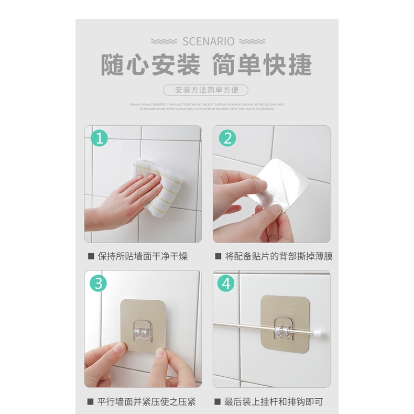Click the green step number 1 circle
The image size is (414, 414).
(99, 138)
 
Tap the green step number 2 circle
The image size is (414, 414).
(227, 138)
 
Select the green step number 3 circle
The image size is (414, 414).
(99, 284)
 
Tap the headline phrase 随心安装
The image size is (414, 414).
(150, 66)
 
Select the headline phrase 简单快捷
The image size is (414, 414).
(262, 66)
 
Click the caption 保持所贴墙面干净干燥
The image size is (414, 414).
(143, 257)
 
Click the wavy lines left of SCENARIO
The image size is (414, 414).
(164, 41)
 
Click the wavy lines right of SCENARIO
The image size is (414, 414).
(252, 41)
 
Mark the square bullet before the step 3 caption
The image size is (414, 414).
(91, 402)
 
